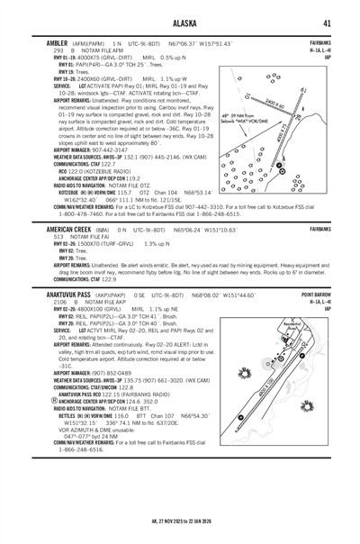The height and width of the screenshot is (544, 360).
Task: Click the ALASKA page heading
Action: (180, 23)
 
